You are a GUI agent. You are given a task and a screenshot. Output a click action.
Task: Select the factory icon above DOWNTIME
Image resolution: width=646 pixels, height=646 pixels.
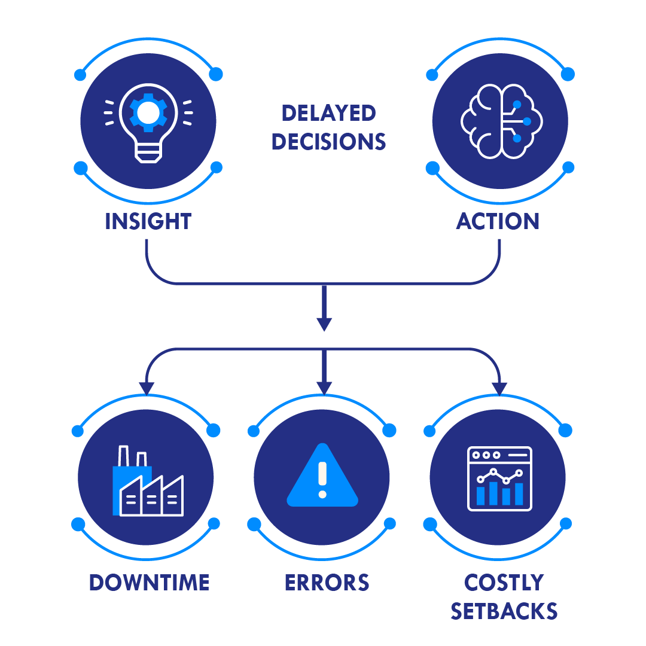coord(147,482)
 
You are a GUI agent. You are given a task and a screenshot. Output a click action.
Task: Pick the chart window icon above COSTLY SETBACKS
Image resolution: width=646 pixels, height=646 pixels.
coord(499,479)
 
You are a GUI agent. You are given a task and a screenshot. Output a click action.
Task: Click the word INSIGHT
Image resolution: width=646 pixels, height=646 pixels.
coord(148,221)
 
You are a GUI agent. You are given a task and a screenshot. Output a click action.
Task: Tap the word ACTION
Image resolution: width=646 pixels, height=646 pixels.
coord(498,221)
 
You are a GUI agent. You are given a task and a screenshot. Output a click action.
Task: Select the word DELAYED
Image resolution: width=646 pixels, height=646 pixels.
coord(328,112)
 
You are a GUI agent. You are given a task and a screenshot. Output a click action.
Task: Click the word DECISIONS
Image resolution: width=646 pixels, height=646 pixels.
coord(328,142)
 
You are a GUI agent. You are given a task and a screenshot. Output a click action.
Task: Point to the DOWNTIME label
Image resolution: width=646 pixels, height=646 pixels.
coord(149,582)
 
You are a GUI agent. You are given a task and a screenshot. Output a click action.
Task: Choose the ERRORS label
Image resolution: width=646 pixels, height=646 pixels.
coord(327,582)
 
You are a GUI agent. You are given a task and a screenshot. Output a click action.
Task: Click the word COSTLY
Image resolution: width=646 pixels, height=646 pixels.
coord(504,582)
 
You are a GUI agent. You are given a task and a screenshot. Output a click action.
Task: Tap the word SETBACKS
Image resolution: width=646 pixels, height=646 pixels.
coord(504,611)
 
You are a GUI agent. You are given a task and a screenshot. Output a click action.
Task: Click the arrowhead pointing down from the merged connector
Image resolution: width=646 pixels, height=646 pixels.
coord(324,324)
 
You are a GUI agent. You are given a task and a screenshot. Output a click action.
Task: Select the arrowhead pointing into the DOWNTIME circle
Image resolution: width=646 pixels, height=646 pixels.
coord(147,388)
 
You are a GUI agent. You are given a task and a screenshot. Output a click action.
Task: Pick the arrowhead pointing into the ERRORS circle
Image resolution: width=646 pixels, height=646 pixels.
coord(324,388)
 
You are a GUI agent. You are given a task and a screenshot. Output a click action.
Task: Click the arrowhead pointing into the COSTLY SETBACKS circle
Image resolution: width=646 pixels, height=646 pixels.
coord(499,388)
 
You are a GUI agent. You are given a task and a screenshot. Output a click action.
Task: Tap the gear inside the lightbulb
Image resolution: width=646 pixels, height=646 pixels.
coord(148,111)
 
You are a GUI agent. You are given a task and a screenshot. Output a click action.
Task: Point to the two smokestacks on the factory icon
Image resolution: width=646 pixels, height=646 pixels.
coord(132,456)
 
